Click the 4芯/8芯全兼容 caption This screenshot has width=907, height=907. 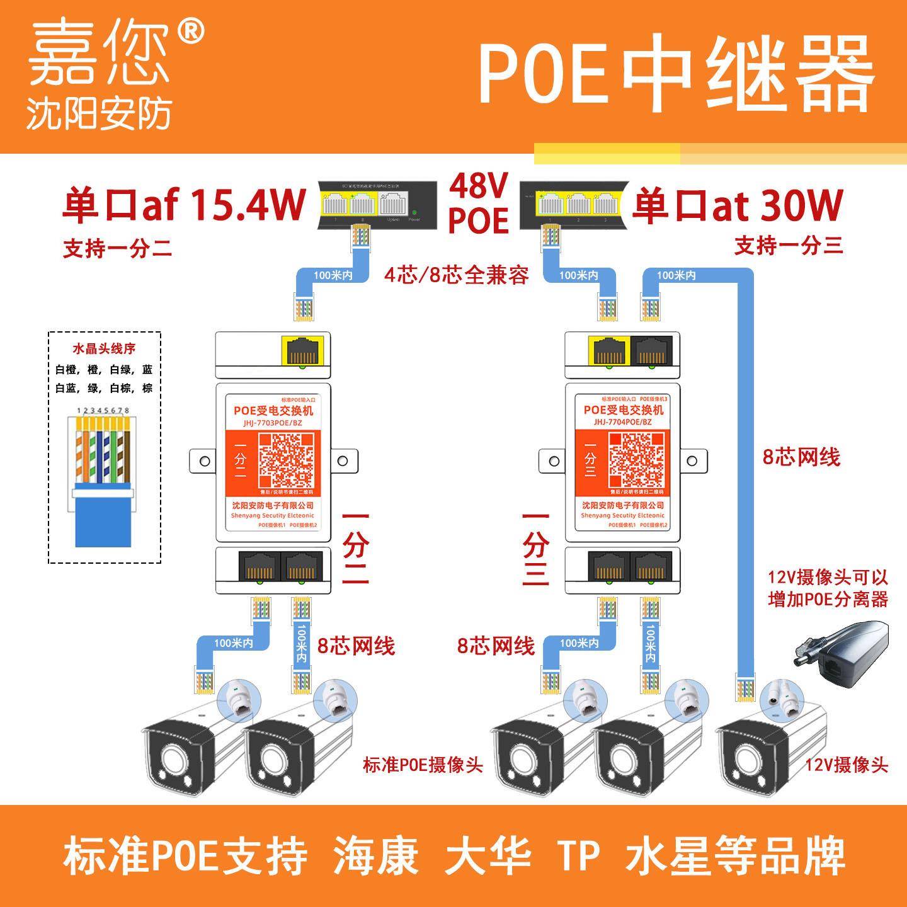(x=457, y=275)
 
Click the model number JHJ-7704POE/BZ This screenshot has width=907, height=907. (x=622, y=423)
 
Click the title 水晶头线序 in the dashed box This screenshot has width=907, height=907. (x=105, y=348)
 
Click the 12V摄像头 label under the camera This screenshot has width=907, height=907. (x=847, y=765)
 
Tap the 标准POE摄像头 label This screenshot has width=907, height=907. (x=423, y=765)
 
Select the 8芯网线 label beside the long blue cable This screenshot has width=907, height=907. (x=801, y=457)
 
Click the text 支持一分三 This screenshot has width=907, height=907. (x=789, y=246)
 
